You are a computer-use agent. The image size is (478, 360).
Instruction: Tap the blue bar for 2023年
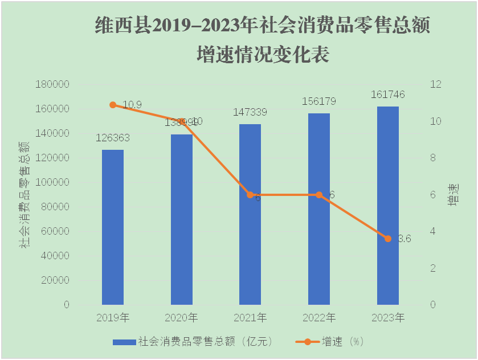click(388, 205)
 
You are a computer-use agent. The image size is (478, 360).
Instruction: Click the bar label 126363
click(113, 138)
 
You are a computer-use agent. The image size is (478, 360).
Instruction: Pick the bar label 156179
click(318, 101)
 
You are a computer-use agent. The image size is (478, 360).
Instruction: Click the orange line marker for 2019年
click(113, 105)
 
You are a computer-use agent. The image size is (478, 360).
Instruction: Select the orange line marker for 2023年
click(388, 239)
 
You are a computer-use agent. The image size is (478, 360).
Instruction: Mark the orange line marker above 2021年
click(250, 195)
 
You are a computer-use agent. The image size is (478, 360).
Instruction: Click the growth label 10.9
click(132, 104)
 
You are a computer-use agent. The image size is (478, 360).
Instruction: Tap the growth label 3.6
click(404, 239)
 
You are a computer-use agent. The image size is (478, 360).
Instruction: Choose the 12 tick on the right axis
click(436, 84)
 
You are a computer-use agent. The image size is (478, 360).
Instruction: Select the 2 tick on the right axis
click(434, 268)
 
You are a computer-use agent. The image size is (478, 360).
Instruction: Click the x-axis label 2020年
click(181, 318)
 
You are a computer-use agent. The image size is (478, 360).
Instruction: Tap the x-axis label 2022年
click(318, 318)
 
